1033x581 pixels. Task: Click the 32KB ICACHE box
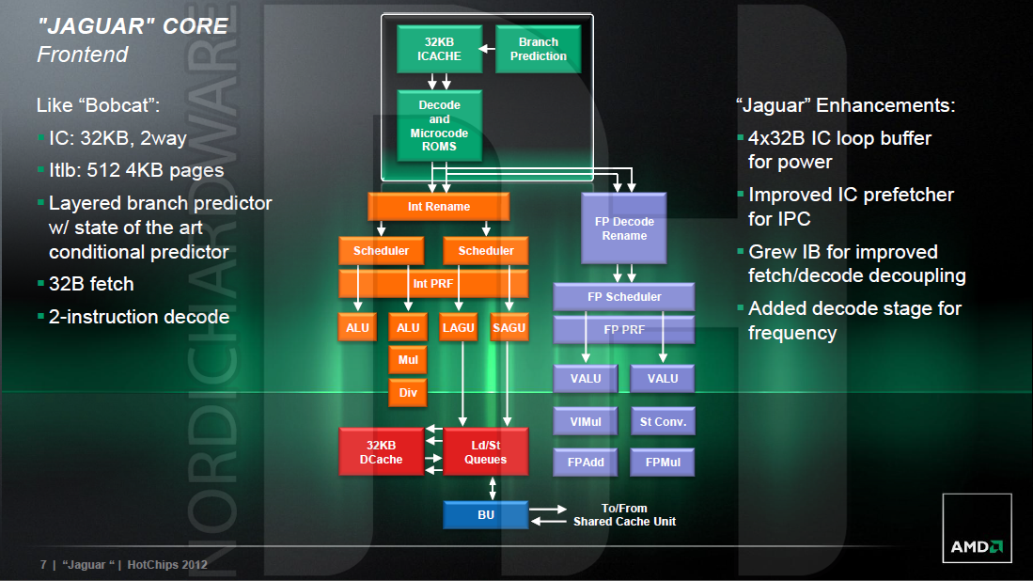(x=439, y=49)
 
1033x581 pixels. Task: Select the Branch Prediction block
(x=538, y=49)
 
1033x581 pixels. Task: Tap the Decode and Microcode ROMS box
(x=439, y=126)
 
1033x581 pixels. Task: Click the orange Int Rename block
(x=438, y=207)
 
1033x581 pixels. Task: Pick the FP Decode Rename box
(x=624, y=228)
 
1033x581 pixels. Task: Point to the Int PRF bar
(x=433, y=282)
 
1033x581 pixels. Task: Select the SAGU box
(x=509, y=327)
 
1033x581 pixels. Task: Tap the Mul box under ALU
(x=408, y=359)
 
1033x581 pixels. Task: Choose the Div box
(x=408, y=392)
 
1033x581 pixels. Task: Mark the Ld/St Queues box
(x=485, y=451)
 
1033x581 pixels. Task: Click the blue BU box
(x=485, y=515)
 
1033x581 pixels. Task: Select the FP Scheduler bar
(x=624, y=297)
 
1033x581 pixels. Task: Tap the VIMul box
(x=586, y=421)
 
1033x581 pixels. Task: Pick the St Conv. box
(x=663, y=421)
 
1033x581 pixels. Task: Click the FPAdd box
(x=586, y=462)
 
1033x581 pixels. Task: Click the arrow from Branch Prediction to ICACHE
(x=486, y=49)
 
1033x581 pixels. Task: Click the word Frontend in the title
(x=82, y=55)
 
